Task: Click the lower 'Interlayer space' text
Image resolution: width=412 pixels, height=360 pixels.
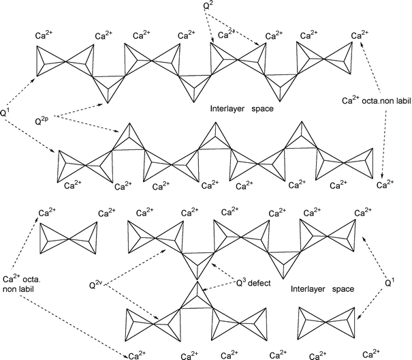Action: (321, 289)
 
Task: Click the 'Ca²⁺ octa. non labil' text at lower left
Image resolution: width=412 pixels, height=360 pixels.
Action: (20, 283)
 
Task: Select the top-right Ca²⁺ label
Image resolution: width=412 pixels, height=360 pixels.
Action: (362, 35)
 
